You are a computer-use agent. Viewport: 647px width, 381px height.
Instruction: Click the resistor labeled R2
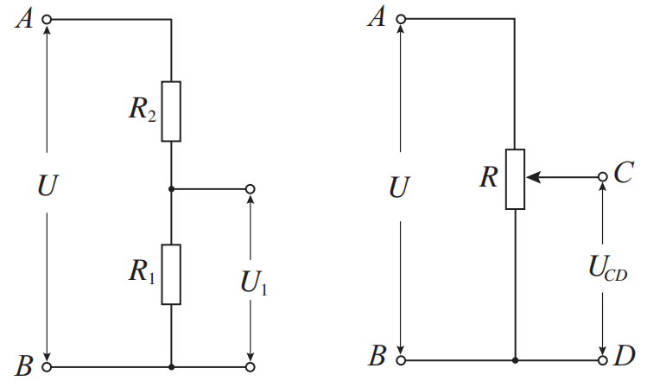click(x=172, y=111)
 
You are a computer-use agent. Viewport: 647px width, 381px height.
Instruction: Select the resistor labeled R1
click(x=172, y=275)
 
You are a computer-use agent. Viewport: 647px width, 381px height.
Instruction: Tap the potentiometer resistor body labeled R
click(x=515, y=179)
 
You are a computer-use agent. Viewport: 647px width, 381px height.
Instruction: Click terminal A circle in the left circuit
click(x=47, y=19)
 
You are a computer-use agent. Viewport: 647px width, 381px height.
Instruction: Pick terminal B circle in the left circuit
click(x=47, y=367)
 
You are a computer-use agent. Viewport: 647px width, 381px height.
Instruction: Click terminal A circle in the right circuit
click(x=400, y=19)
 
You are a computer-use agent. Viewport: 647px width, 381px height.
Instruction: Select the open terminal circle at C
click(x=602, y=177)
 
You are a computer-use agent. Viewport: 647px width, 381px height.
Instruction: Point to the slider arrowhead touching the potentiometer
click(x=532, y=177)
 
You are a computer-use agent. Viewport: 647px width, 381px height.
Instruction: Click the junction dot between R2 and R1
click(x=172, y=188)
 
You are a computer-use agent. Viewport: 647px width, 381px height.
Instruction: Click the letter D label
click(x=625, y=355)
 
